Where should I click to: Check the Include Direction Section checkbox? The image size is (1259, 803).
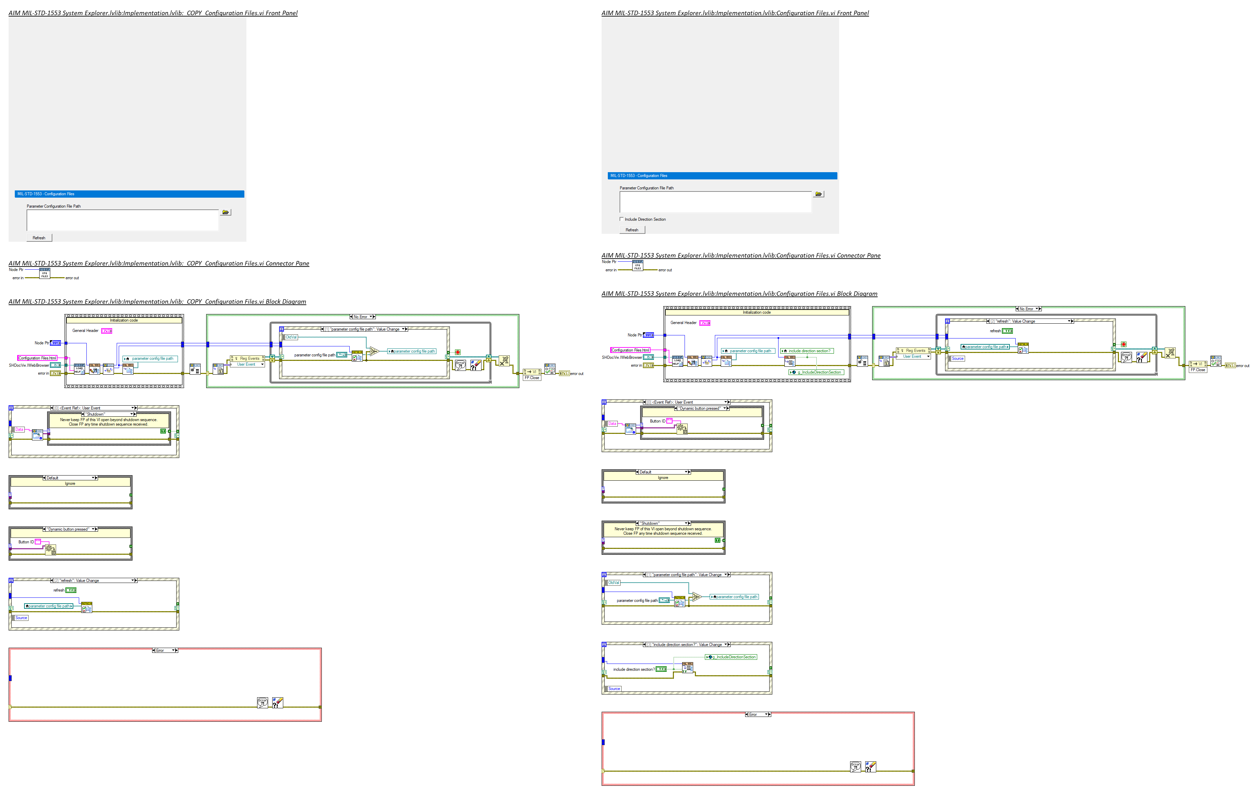click(622, 219)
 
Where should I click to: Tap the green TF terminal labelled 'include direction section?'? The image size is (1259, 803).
click(662, 669)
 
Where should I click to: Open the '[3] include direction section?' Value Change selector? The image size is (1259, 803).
click(687, 645)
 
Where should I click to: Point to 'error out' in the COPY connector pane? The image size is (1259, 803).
click(72, 278)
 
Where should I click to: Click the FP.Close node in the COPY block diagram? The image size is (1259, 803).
click(532, 378)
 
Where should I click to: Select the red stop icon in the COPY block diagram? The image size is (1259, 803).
click(457, 353)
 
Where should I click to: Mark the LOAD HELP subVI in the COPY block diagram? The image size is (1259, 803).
click(79, 369)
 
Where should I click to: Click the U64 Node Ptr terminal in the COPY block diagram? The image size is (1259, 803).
click(55, 343)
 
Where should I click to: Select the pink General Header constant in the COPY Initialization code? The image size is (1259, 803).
click(107, 331)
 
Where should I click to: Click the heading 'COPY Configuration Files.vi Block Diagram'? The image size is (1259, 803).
click(157, 302)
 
